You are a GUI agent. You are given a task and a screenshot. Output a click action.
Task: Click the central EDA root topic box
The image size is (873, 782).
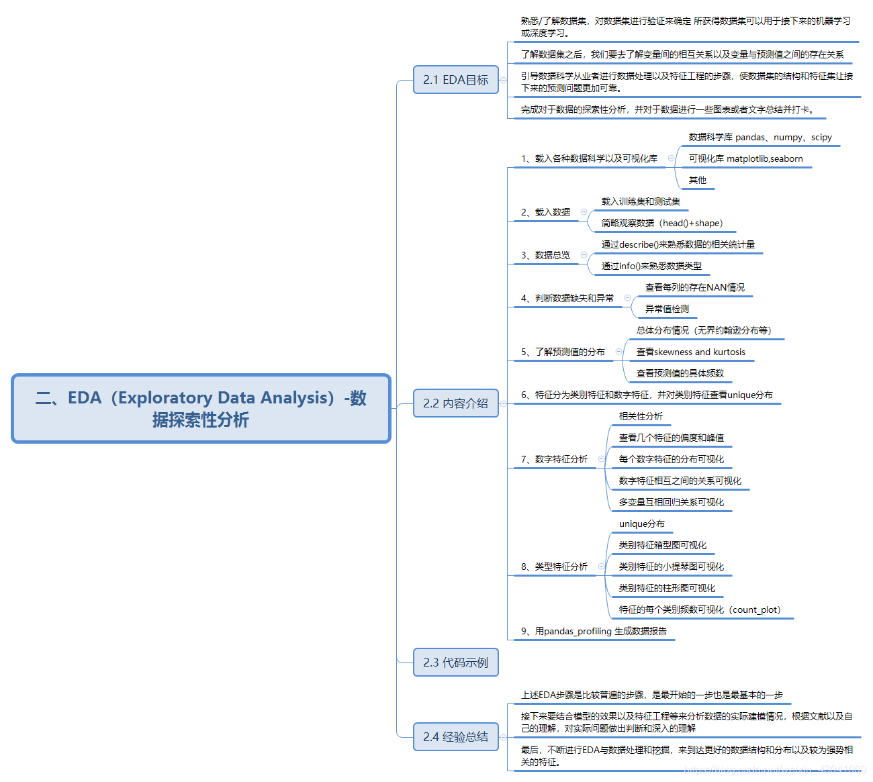(201, 408)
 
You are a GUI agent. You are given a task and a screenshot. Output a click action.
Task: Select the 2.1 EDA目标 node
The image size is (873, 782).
(455, 80)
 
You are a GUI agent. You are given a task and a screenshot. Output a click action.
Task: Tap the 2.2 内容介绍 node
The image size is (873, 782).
(455, 403)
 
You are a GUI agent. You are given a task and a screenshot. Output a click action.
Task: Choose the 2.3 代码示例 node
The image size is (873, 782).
(455, 663)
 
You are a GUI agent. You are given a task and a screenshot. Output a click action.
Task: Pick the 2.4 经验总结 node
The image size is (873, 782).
(455, 737)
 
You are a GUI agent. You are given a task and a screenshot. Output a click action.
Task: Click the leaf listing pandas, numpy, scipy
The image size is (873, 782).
(760, 137)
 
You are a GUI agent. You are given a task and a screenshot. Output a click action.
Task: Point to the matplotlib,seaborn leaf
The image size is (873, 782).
(745, 159)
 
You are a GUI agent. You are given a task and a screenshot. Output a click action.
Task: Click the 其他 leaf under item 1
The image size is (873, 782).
(697, 180)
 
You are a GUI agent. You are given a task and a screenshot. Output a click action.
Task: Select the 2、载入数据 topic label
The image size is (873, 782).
(545, 212)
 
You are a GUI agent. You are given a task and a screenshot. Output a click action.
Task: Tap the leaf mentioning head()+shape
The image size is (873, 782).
(661, 223)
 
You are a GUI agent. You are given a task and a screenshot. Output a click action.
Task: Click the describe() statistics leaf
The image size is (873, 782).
(678, 244)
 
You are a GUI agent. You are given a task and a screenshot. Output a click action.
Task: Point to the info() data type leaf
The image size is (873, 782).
(651, 266)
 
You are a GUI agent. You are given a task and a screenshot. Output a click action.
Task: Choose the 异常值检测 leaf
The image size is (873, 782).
(667, 309)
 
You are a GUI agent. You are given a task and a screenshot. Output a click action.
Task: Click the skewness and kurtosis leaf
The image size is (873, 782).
(690, 352)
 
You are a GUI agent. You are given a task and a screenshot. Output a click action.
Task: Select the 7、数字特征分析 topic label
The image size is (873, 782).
(554, 459)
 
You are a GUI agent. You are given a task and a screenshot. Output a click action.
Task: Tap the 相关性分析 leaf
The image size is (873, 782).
(641, 416)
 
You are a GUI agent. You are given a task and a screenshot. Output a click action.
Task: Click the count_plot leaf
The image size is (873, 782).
(699, 609)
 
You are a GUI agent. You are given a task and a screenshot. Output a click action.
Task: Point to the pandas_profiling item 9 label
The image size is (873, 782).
(594, 631)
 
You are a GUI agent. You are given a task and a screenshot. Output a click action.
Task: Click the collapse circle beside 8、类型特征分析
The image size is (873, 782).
(601, 567)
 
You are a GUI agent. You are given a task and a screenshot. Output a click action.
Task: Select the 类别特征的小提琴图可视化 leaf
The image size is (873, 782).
(671, 567)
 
